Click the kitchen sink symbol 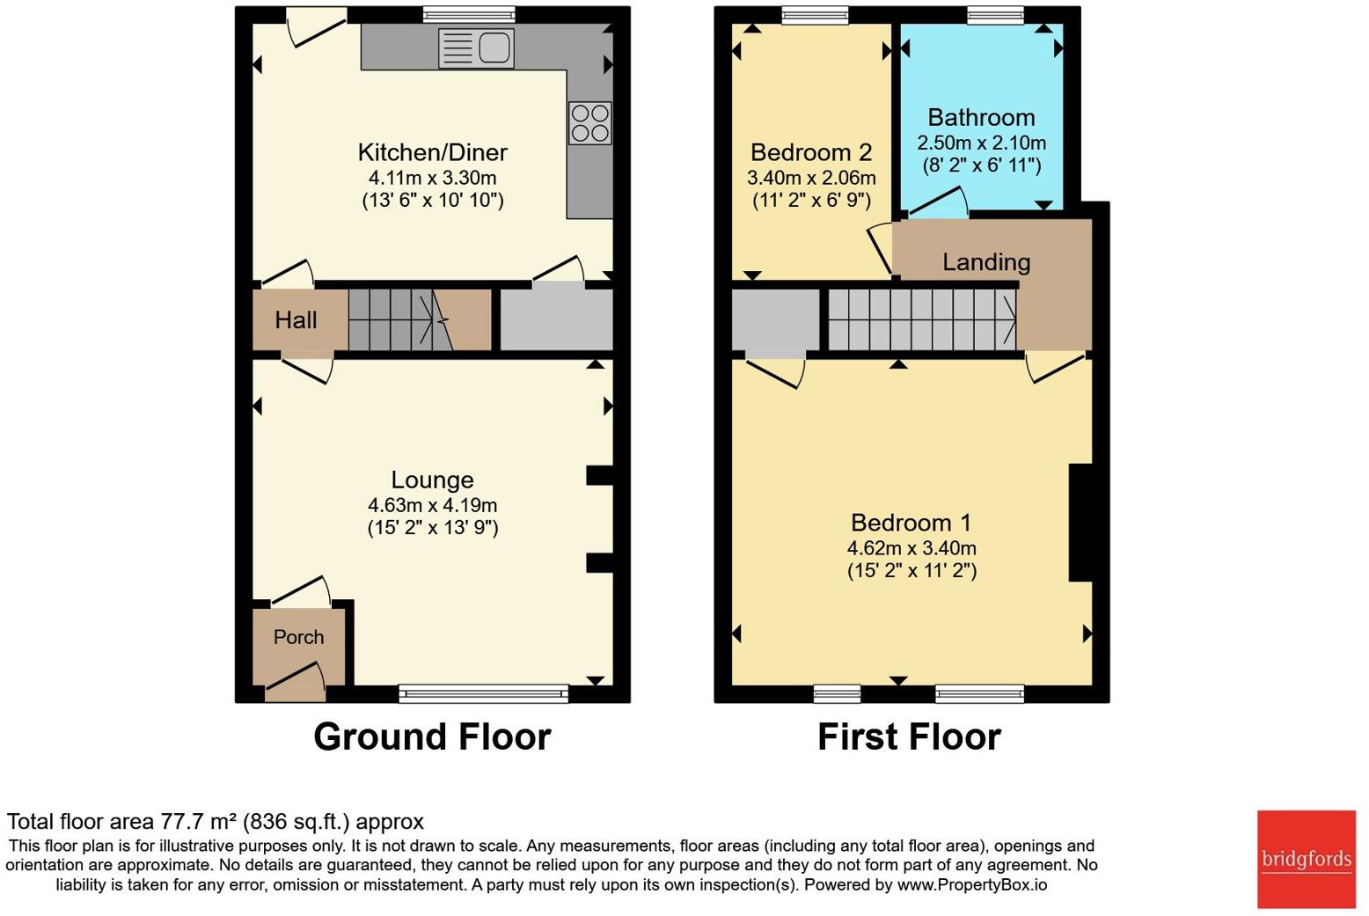click(476, 48)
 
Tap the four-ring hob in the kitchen click(589, 123)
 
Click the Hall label click(296, 320)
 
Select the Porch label click(298, 637)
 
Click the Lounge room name click(432, 480)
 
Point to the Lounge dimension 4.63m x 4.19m click(432, 505)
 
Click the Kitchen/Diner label click(432, 152)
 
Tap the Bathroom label click(981, 118)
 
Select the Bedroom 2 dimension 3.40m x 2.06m click(811, 178)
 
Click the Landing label click(986, 262)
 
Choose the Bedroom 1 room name click(911, 523)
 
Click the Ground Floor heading click(432, 736)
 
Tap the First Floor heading click(909, 736)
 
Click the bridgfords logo click(1306, 859)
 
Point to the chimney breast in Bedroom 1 click(1080, 523)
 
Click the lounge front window click(483, 694)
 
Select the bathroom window click(995, 15)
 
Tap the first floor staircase click(921, 320)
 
